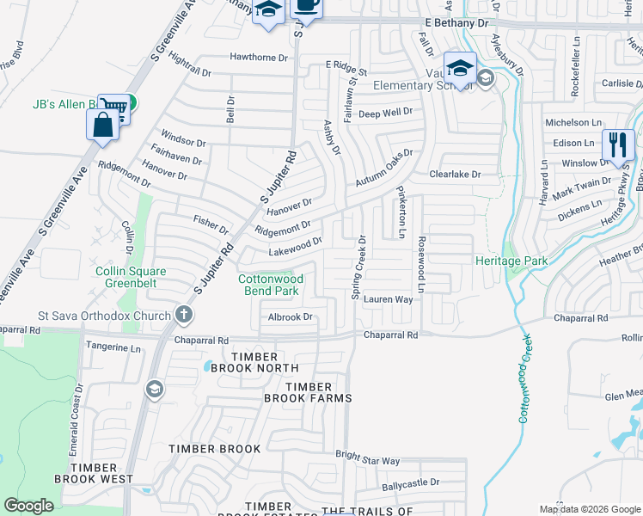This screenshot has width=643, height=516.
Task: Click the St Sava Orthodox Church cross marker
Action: (183, 315)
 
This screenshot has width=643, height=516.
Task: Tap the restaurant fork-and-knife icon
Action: (617, 144)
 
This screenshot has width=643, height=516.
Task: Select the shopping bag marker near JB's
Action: (102, 124)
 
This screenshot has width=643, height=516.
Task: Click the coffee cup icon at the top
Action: (306, 5)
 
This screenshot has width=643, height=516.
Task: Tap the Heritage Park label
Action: (511, 260)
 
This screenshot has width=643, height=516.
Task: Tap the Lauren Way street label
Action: (388, 300)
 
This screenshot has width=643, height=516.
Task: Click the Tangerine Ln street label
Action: (114, 348)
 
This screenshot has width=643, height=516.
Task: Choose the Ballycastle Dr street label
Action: (411, 482)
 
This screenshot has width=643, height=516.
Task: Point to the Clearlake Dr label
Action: (456, 174)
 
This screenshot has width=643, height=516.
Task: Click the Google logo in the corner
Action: (29, 506)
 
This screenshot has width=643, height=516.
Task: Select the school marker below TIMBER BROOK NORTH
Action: (154, 390)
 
